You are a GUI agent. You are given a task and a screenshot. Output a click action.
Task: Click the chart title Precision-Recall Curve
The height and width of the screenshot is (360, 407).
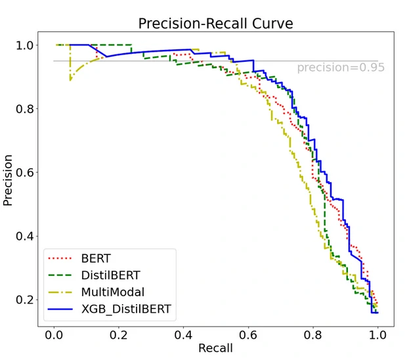point(215,24)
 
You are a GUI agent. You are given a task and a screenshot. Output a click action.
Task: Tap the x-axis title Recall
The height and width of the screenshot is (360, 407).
point(215,348)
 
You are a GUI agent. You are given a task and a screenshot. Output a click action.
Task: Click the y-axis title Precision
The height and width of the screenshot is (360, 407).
point(9,180)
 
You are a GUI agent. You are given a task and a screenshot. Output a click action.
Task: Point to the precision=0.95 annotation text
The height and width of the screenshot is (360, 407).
point(340,67)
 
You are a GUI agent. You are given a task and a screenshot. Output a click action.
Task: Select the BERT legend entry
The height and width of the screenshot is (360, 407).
point(95,258)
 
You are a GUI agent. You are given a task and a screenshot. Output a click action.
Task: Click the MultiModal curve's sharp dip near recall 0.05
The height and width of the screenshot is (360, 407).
point(70,79)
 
